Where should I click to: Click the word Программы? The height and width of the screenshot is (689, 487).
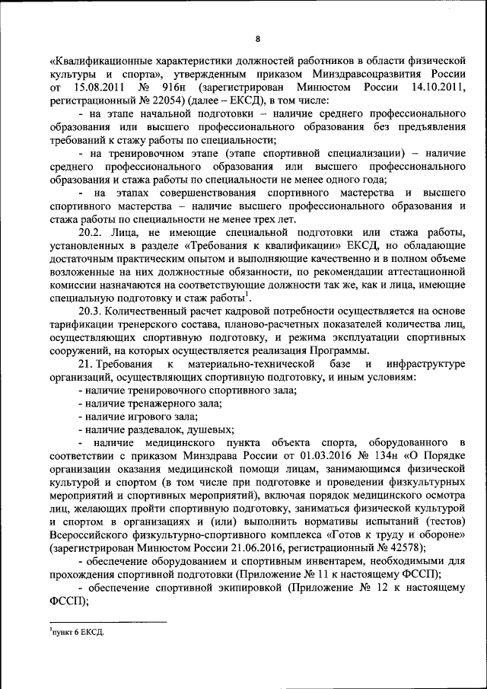point(342,350)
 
